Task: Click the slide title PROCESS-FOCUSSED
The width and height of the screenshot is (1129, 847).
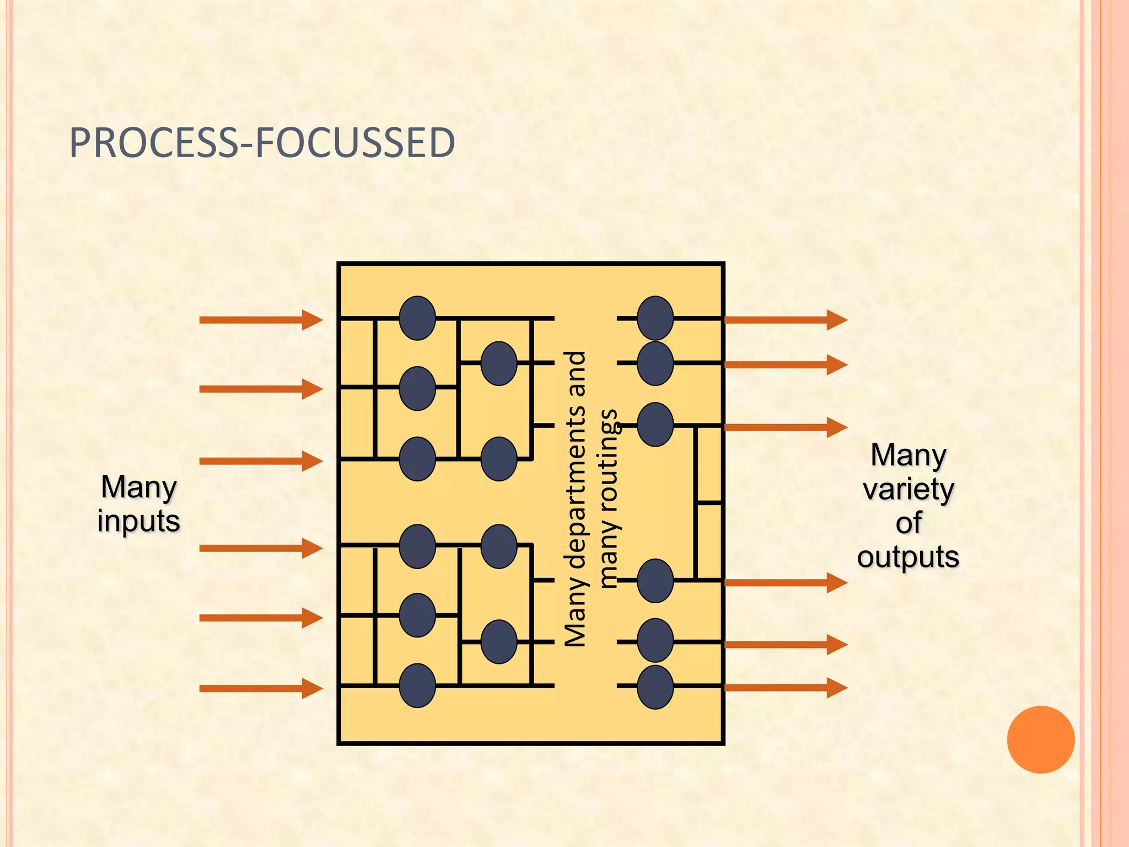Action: pyautogui.click(x=262, y=143)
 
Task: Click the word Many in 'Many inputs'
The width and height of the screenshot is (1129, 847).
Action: pyautogui.click(x=139, y=487)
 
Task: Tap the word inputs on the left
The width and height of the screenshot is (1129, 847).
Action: pyautogui.click(x=139, y=521)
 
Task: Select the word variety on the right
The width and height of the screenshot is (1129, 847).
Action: pyautogui.click(x=908, y=489)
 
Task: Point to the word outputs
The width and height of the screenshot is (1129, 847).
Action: pyautogui.click(x=908, y=556)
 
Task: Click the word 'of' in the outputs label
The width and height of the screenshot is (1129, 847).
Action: pyautogui.click(x=908, y=523)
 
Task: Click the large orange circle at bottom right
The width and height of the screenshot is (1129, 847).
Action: pyautogui.click(x=1040, y=739)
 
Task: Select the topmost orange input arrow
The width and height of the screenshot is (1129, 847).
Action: pyautogui.click(x=260, y=320)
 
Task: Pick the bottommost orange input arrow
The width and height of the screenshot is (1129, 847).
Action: pyautogui.click(x=260, y=688)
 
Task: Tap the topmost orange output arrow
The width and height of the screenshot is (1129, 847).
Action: pyautogui.click(x=785, y=320)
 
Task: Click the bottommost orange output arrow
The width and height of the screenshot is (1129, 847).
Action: pyautogui.click(x=785, y=688)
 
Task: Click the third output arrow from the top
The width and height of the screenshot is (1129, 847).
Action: pyautogui.click(x=785, y=427)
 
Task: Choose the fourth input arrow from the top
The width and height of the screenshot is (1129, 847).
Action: pyautogui.click(x=260, y=548)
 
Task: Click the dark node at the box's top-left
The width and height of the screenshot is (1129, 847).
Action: pyautogui.click(x=417, y=318)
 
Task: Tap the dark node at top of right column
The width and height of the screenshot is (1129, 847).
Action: pyautogui.click(x=655, y=318)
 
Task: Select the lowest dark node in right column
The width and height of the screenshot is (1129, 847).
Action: pyautogui.click(x=655, y=687)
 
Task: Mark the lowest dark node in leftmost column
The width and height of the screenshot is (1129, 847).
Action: pyautogui.click(x=417, y=685)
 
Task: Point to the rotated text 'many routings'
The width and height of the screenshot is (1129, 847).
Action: pyautogui.click(x=609, y=498)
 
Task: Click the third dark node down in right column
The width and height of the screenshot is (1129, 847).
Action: pyautogui.click(x=655, y=425)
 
